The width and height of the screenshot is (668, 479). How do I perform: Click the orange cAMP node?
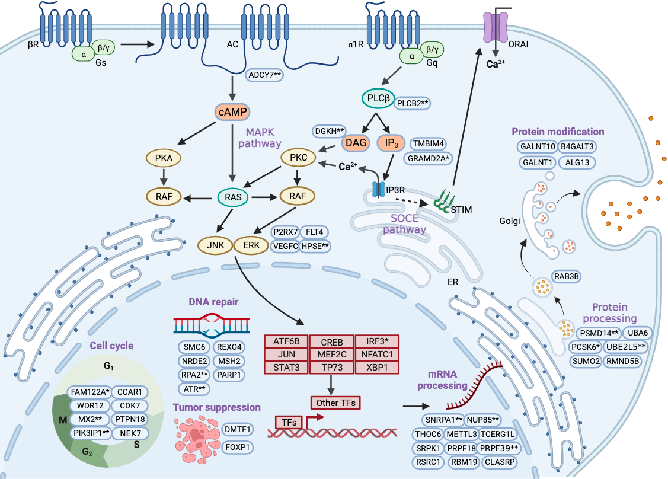pos(232,112)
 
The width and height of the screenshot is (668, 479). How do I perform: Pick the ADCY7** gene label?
pos(265,75)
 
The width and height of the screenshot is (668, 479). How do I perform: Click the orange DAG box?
pos(356,143)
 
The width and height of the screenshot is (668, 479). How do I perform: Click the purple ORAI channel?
pos(496,25)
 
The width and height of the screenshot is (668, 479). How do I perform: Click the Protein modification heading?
pos(558,132)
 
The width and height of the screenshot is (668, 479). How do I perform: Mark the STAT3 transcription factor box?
pos(286,367)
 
